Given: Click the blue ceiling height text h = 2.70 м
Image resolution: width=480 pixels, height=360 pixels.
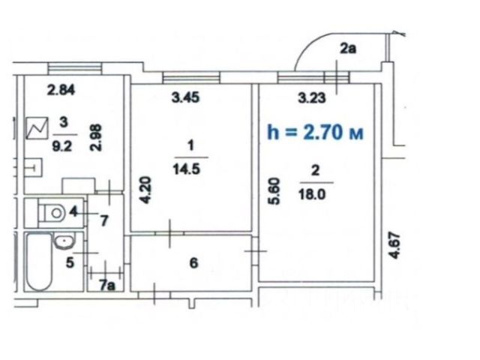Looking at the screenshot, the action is pos(315,132).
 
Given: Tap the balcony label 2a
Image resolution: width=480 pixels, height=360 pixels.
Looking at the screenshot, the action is pos(348,48).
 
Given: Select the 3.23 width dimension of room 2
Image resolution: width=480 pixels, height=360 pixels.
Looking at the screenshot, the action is pos(312,98).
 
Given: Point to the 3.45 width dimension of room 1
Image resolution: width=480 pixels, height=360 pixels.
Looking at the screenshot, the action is pos(185,97).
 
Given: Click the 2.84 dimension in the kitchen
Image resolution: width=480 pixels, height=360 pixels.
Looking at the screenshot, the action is pos(61,90).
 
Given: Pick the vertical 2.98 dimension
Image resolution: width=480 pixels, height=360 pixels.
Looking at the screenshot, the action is pos(95,137).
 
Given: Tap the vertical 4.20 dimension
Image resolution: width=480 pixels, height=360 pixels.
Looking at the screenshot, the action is pos(145,190).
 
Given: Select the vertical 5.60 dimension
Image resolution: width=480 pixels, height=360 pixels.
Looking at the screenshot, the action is pos(274,191).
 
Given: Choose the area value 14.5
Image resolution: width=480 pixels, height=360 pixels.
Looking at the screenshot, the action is pos(187,169).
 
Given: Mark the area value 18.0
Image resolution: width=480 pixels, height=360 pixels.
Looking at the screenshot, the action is pos(312,194).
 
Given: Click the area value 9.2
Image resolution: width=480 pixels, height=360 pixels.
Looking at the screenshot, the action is pos(62,147).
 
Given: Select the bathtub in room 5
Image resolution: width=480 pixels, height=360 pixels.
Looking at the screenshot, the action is pos(39,262).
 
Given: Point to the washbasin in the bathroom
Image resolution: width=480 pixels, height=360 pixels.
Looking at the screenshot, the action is pos(64,241).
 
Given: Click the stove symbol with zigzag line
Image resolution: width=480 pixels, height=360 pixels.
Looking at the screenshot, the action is pos(37,128).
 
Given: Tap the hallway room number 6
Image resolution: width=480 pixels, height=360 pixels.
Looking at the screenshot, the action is pos(193,263).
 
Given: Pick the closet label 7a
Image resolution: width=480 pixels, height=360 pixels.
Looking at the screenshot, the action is pos(107,285).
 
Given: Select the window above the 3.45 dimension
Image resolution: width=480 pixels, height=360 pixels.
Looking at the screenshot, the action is pos(191,77).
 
